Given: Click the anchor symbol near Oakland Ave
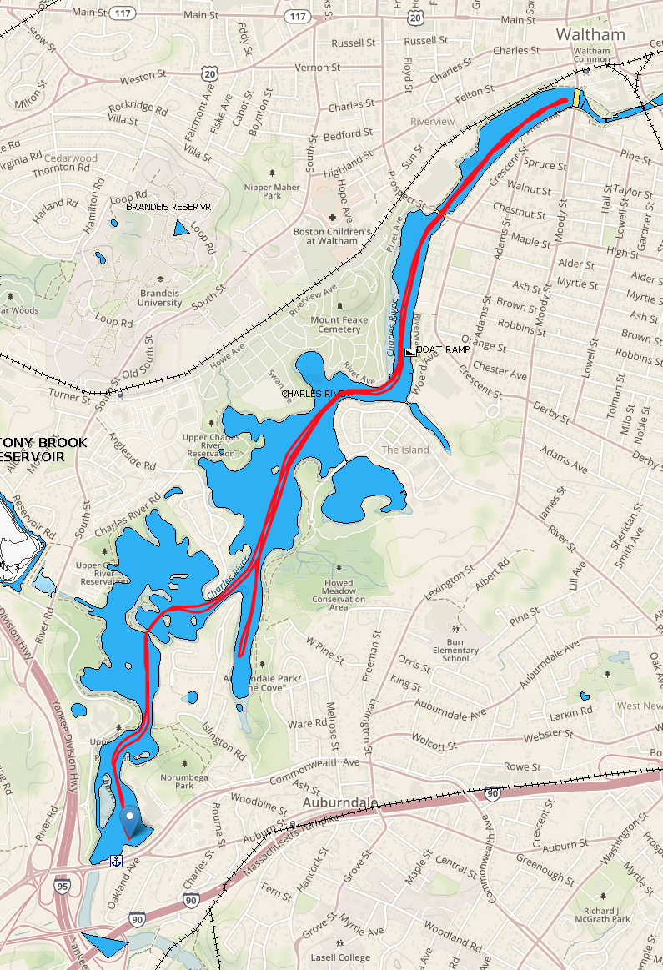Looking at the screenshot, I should coord(117,860).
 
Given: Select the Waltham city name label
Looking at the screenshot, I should coord(590,34).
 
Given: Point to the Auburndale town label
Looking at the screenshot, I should coord(335,802).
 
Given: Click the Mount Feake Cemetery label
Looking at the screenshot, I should coord(336,324).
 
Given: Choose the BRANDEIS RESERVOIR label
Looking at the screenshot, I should coord(168,206).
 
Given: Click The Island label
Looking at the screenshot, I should coord(405,450).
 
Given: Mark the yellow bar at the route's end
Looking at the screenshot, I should coord(575,98).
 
